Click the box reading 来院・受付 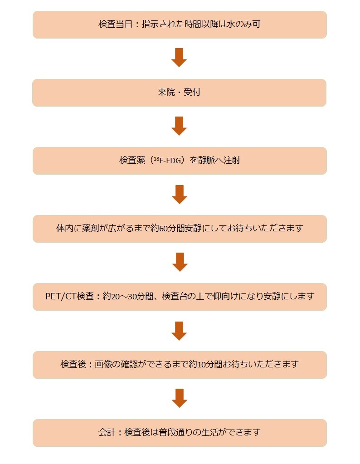[179, 93]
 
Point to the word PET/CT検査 [69, 297]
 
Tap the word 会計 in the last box [107, 432]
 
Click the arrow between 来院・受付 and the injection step [180, 126]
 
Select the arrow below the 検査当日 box [180, 58]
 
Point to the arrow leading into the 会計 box [180, 398]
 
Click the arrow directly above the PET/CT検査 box [180, 262]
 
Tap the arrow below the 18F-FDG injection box [180, 194]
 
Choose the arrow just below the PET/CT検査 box [180, 330]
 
